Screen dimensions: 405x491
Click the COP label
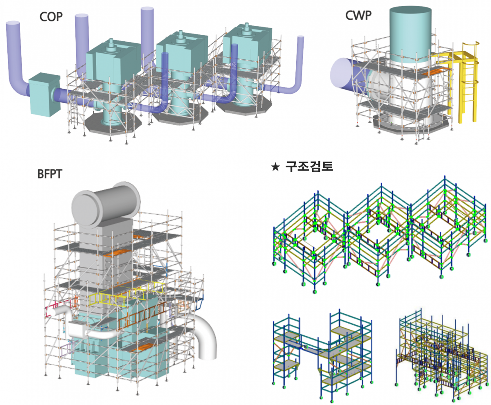pos(51,17)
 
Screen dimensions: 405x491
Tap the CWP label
pos(358,16)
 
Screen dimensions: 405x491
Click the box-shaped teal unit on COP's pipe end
pos(43,94)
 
